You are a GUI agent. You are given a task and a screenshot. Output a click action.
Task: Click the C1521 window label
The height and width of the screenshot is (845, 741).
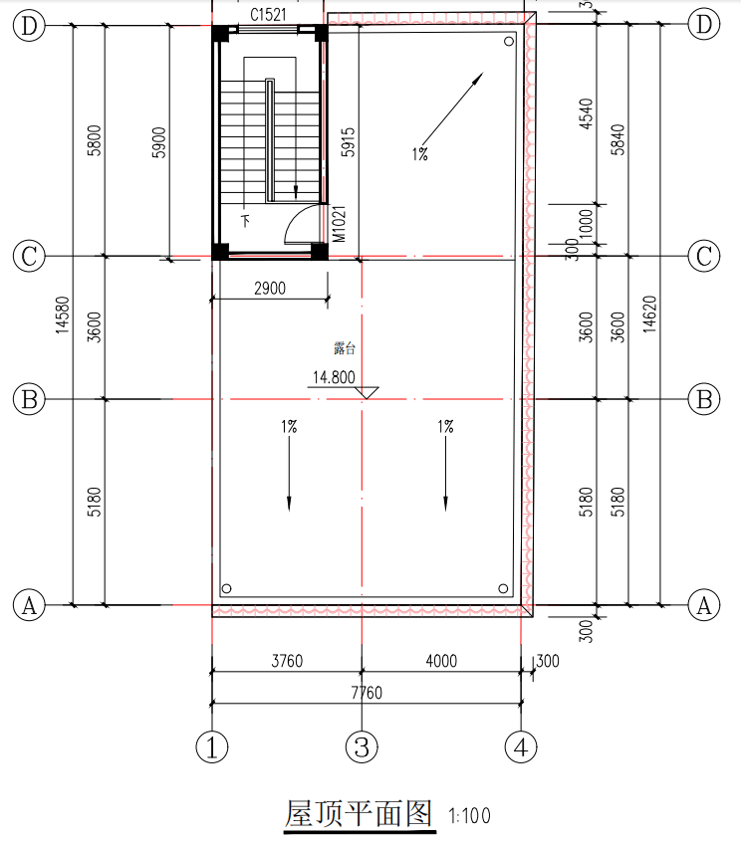click(x=268, y=15)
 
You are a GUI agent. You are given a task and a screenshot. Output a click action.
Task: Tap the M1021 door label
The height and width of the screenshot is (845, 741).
click(x=339, y=224)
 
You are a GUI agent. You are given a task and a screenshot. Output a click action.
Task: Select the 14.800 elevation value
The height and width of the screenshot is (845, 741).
click(x=334, y=377)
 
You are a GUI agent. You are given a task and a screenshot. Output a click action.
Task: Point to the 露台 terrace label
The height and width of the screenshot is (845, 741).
click(x=345, y=348)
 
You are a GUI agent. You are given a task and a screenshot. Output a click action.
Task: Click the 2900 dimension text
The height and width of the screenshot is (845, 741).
click(x=270, y=289)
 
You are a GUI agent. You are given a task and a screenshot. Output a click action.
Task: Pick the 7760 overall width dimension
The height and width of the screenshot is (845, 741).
click(x=367, y=693)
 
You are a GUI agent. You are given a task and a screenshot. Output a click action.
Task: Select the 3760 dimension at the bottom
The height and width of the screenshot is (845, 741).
click(x=287, y=661)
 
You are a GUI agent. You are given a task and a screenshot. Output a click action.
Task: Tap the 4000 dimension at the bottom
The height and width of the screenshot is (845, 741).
click(x=441, y=661)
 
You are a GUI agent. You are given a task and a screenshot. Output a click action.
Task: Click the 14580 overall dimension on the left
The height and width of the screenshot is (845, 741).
click(x=63, y=315)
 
